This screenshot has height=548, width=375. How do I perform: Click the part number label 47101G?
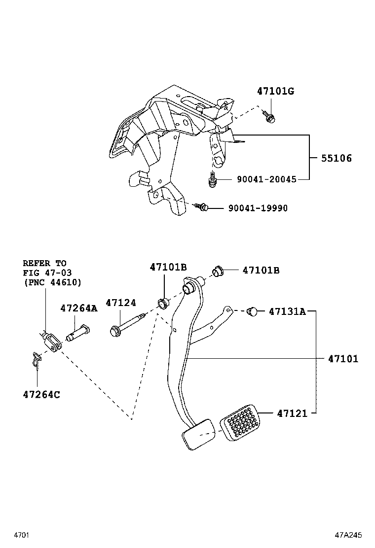pos(275,91)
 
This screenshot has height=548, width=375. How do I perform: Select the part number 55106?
pos(337,158)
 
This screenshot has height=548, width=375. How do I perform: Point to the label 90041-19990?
pos(258,208)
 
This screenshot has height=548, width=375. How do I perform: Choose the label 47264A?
pos(79,308)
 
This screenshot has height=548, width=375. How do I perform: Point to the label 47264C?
pos(41,394)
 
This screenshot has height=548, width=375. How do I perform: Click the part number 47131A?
pos(287,311)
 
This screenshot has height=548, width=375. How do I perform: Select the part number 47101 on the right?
pos(343,359)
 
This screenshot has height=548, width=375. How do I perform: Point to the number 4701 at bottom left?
pos(22,535)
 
